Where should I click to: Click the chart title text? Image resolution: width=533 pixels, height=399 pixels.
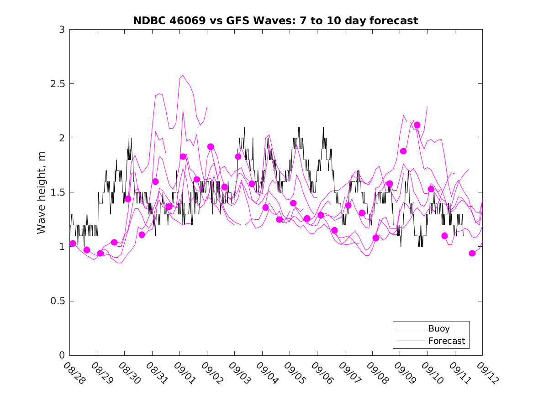[275, 21]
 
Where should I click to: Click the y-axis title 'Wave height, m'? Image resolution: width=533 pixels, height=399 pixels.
[42, 192]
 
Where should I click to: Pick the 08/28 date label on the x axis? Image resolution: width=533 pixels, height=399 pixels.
[74, 373]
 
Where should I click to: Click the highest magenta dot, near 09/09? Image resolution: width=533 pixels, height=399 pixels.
[417, 125]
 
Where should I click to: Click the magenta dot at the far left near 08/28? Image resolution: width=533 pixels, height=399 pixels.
[73, 244]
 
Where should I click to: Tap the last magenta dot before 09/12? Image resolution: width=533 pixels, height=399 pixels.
[472, 253]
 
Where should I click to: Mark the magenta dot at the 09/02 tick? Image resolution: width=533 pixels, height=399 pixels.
[211, 147]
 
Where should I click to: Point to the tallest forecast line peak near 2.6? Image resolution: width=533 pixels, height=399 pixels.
[183, 75]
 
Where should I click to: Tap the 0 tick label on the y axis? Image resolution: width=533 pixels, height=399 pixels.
[62, 355]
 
